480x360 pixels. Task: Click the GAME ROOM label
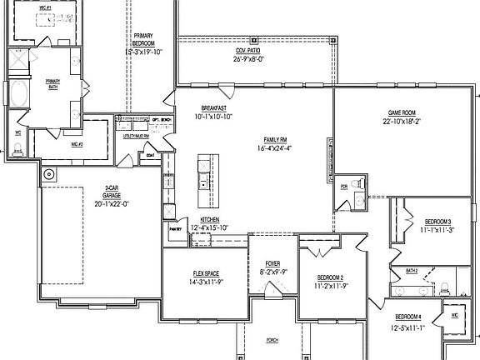(x=401, y=112)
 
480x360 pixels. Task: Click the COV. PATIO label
(x=248, y=51)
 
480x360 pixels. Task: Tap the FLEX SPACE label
(x=205, y=274)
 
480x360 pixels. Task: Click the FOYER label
(x=272, y=263)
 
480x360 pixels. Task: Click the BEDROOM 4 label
(x=408, y=317)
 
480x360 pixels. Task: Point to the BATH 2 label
(x=412, y=271)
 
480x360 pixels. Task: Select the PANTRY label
(x=175, y=227)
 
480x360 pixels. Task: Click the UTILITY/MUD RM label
(x=136, y=136)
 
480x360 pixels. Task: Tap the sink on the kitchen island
(x=201, y=182)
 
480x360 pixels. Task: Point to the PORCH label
(x=272, y=341)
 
